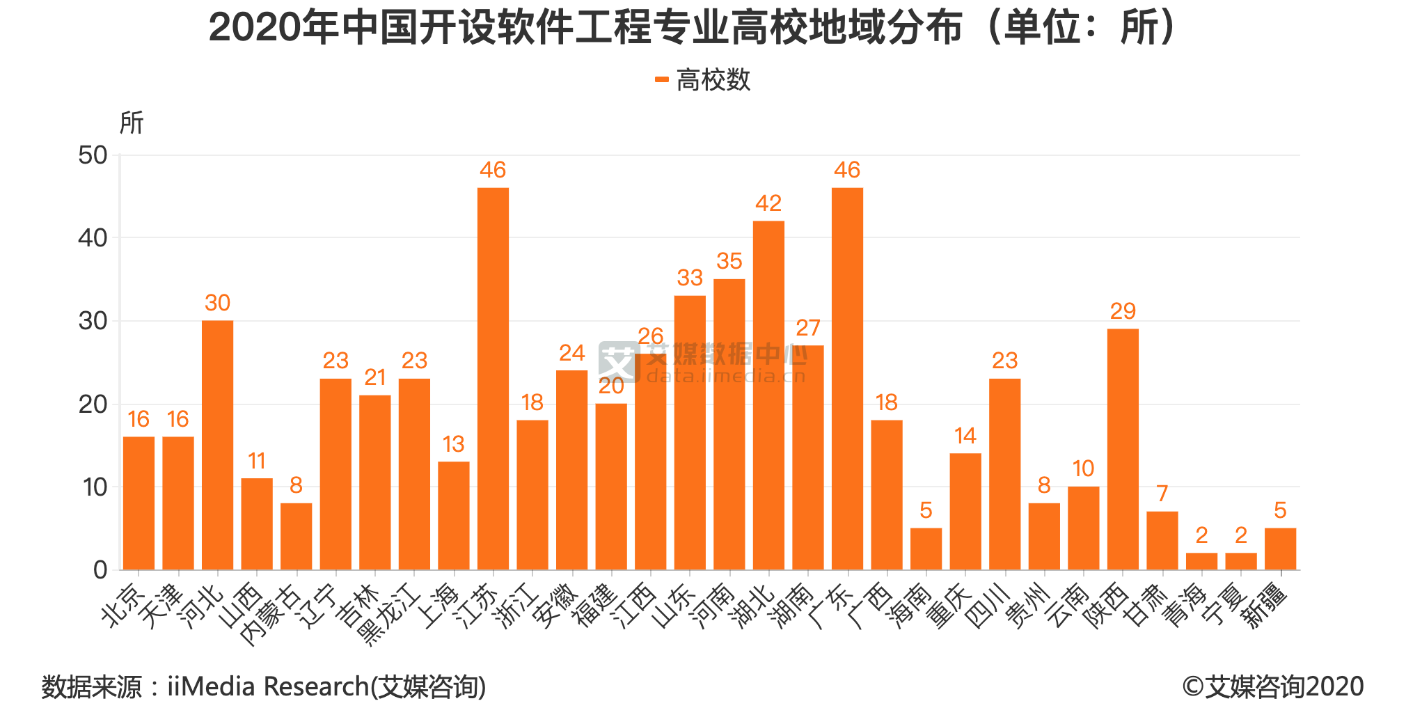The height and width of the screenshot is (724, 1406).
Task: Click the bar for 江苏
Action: point(493,379)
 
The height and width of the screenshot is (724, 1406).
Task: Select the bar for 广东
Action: point(847,379)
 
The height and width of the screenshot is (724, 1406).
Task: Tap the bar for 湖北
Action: point(768,395)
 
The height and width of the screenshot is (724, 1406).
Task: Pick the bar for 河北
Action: point(217,446)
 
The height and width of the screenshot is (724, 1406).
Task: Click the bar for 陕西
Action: point(1123,449)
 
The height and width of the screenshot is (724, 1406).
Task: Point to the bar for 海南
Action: point(926,549)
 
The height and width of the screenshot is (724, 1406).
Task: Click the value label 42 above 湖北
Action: point(768,203)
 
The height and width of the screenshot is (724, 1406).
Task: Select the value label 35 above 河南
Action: point(729,261)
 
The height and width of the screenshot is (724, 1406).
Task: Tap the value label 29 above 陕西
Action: point(1123,311)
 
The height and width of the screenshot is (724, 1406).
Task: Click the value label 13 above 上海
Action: point(453,444)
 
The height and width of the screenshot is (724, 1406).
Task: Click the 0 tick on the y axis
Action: point(100,570)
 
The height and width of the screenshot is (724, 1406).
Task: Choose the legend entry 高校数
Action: point(703,80)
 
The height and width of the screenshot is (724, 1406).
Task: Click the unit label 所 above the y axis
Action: point(131,123)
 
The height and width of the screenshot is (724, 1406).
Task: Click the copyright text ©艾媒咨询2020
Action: point(1272,686)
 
